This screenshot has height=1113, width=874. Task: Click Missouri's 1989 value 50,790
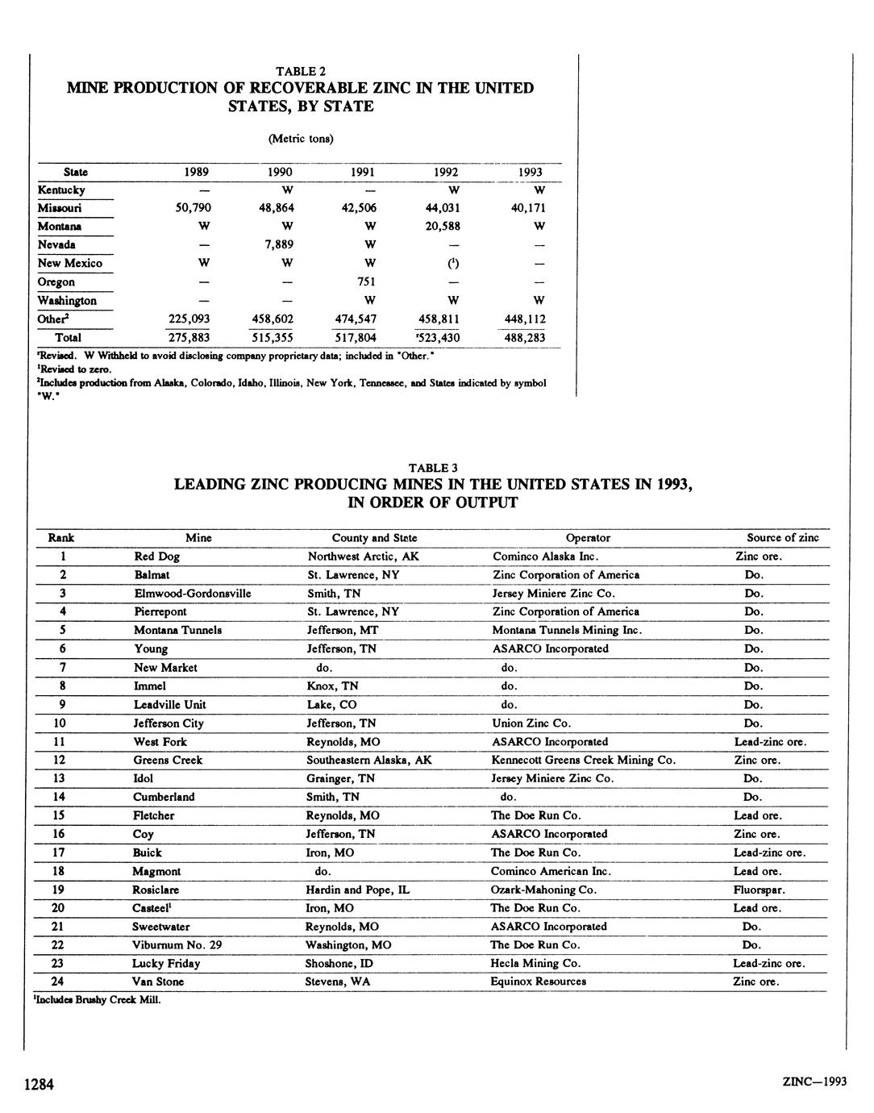(194, 208)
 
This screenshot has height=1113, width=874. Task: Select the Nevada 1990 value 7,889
(279, 244)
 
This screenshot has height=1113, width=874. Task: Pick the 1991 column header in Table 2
(363, 172)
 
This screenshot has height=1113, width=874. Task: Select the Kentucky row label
(61, 190)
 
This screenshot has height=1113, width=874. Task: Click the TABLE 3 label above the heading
(433, 468)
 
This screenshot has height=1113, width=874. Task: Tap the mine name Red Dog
(157, 556)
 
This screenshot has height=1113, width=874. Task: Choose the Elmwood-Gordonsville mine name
(193, 594)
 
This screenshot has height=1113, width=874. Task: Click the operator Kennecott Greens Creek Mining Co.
(583, 760)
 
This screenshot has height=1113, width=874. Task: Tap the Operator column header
(588, 538)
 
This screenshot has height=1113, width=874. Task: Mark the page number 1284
(39, 1085)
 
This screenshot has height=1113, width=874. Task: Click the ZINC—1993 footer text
(814, 1082)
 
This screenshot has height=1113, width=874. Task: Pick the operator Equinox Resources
(538, 982)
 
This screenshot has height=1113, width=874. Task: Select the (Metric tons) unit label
(300, 138)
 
